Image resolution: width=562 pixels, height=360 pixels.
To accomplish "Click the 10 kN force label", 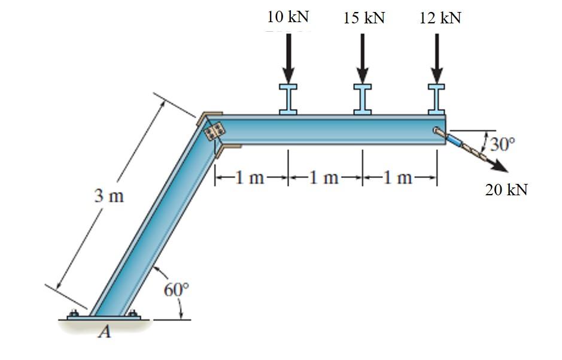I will (x=288, y=17).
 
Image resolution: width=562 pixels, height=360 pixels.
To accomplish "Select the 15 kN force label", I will (x=364, y=18).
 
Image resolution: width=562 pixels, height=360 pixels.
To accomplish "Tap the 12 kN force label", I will (x=441, y=18).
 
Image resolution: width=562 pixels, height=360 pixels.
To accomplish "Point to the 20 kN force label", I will (x=506, y=190).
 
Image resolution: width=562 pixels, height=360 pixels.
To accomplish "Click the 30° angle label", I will (x=503, y=144).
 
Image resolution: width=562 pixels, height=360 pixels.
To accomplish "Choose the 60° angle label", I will (x=176, y=289).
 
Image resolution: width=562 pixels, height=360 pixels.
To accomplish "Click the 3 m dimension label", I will (x=108, y=195).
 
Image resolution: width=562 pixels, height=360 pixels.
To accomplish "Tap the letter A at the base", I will (x=105, y=332).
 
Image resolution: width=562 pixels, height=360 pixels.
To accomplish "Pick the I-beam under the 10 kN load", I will (x=288, y=98).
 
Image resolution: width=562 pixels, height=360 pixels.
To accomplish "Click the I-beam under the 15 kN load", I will (x=363, y=98).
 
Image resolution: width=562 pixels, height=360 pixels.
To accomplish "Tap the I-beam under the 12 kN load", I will (x=437, y=98).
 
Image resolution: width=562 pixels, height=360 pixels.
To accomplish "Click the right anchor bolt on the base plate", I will (x=132, y=313).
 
